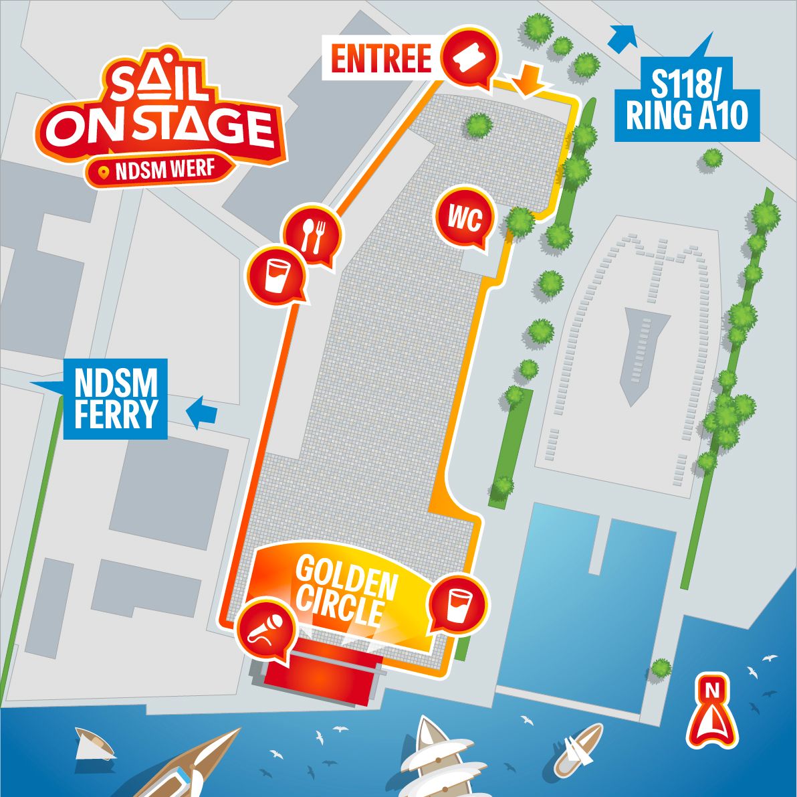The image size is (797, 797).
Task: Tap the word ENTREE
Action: [382, 58]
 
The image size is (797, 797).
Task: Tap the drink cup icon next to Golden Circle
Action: [458, 603]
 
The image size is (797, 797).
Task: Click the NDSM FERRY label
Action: [116, 399]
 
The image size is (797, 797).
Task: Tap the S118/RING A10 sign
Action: [687, 101]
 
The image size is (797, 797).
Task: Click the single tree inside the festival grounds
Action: [479, 124]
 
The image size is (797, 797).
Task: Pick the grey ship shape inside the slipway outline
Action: [635, 355]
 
